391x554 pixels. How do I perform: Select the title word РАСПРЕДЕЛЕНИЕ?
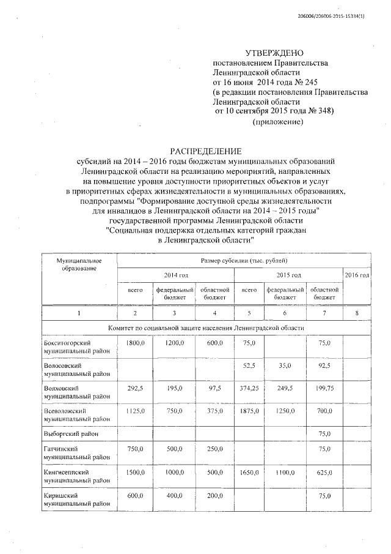pos(206,151)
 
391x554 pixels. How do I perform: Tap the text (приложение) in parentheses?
pos(278,122)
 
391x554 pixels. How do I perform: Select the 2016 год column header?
pos(357,275)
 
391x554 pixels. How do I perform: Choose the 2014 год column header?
pos(174,275)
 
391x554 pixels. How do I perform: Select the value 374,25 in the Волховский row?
pos(249,389)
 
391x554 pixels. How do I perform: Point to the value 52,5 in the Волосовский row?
pos(249,366)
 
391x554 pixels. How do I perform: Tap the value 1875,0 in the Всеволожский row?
pos(249,411)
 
